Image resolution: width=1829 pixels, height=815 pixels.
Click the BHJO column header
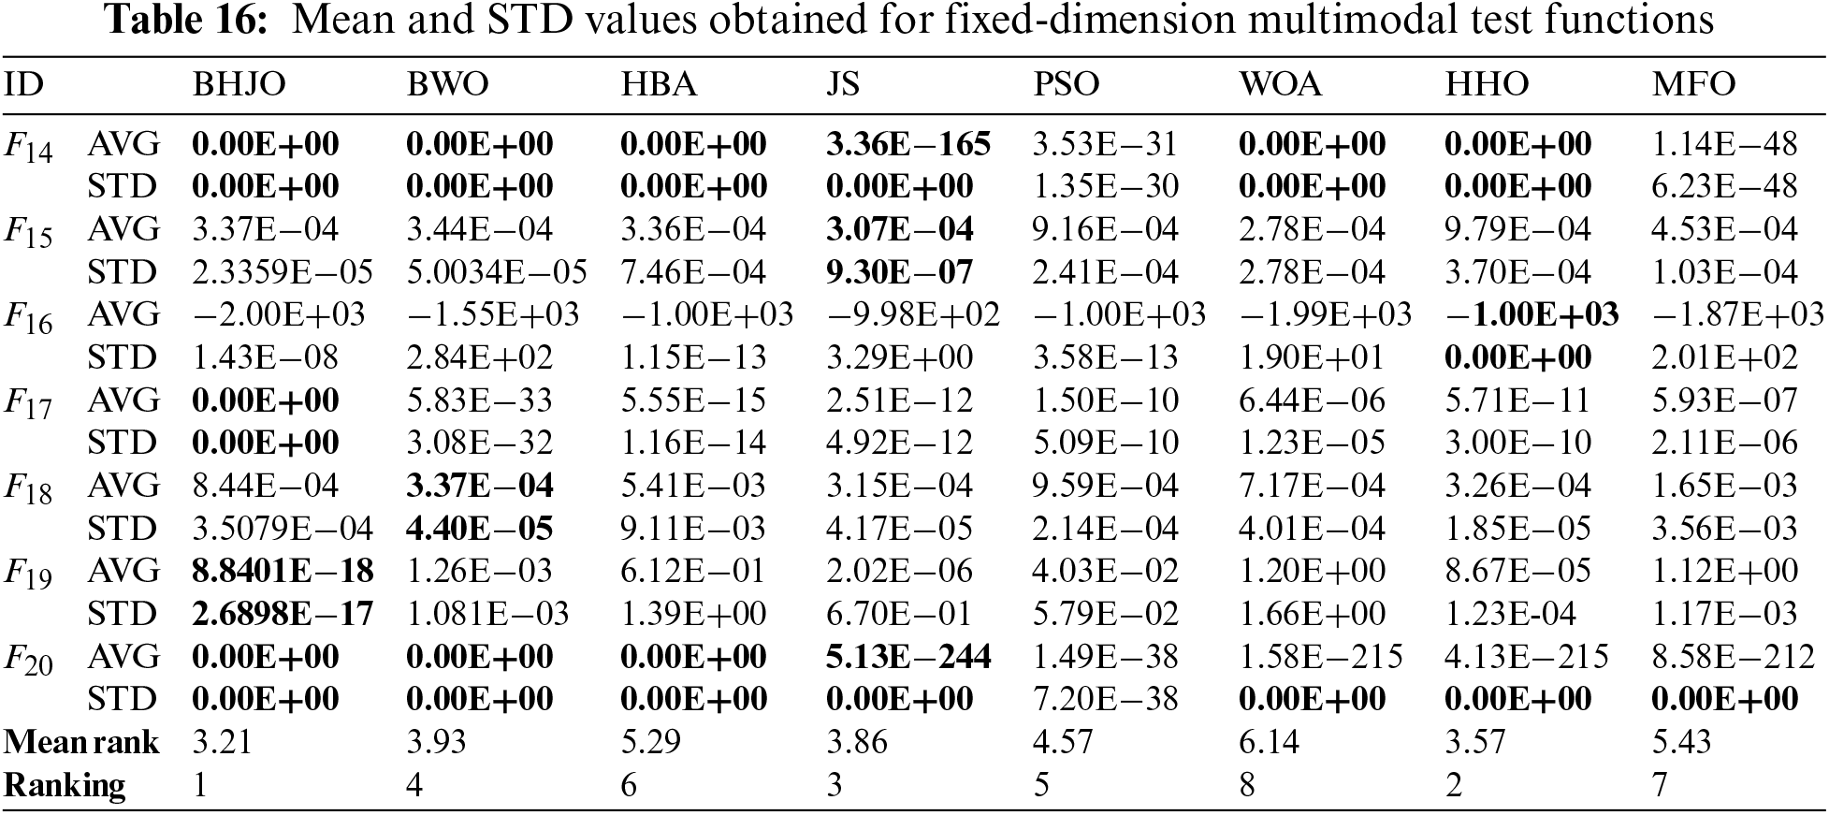point(239,85)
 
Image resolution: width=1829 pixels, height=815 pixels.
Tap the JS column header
point(842,85)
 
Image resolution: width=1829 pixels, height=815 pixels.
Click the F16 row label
point(28,317)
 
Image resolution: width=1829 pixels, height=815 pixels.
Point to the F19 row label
point(28,574)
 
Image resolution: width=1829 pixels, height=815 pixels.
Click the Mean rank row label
point(81,742)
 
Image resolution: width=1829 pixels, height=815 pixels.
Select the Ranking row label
point(65,785)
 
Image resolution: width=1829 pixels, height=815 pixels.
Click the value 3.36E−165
point(907,144)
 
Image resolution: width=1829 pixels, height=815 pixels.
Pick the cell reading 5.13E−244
point(907,657)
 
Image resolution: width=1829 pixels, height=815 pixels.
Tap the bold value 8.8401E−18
point(283,571)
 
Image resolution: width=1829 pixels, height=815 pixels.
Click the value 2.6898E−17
point(283,614)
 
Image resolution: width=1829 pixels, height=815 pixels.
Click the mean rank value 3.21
point(221,742)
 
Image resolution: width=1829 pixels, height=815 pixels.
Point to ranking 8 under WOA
point(1247,785)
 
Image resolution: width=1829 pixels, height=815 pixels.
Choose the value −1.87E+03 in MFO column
point(1737,314)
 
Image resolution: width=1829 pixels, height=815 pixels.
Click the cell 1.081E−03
point(487,614)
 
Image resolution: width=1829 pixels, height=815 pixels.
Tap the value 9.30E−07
point(899,272)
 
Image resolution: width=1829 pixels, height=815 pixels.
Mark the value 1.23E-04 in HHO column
point(1510,614)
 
